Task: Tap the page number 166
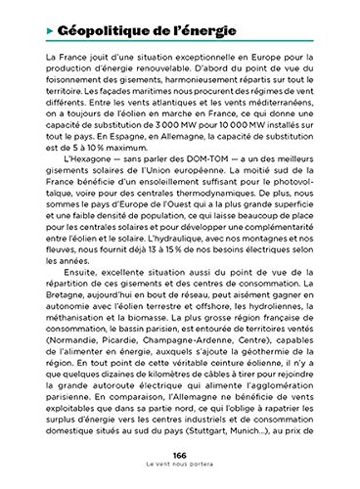click(180, 458)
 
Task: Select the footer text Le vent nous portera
click(180, 469)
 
